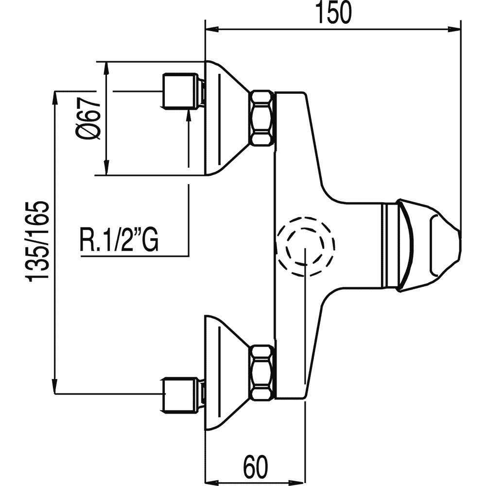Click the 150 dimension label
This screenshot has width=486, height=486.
coord(333,13)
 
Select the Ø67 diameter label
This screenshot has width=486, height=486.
coord(90,118)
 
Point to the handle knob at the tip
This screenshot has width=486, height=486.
coord(428,246)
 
